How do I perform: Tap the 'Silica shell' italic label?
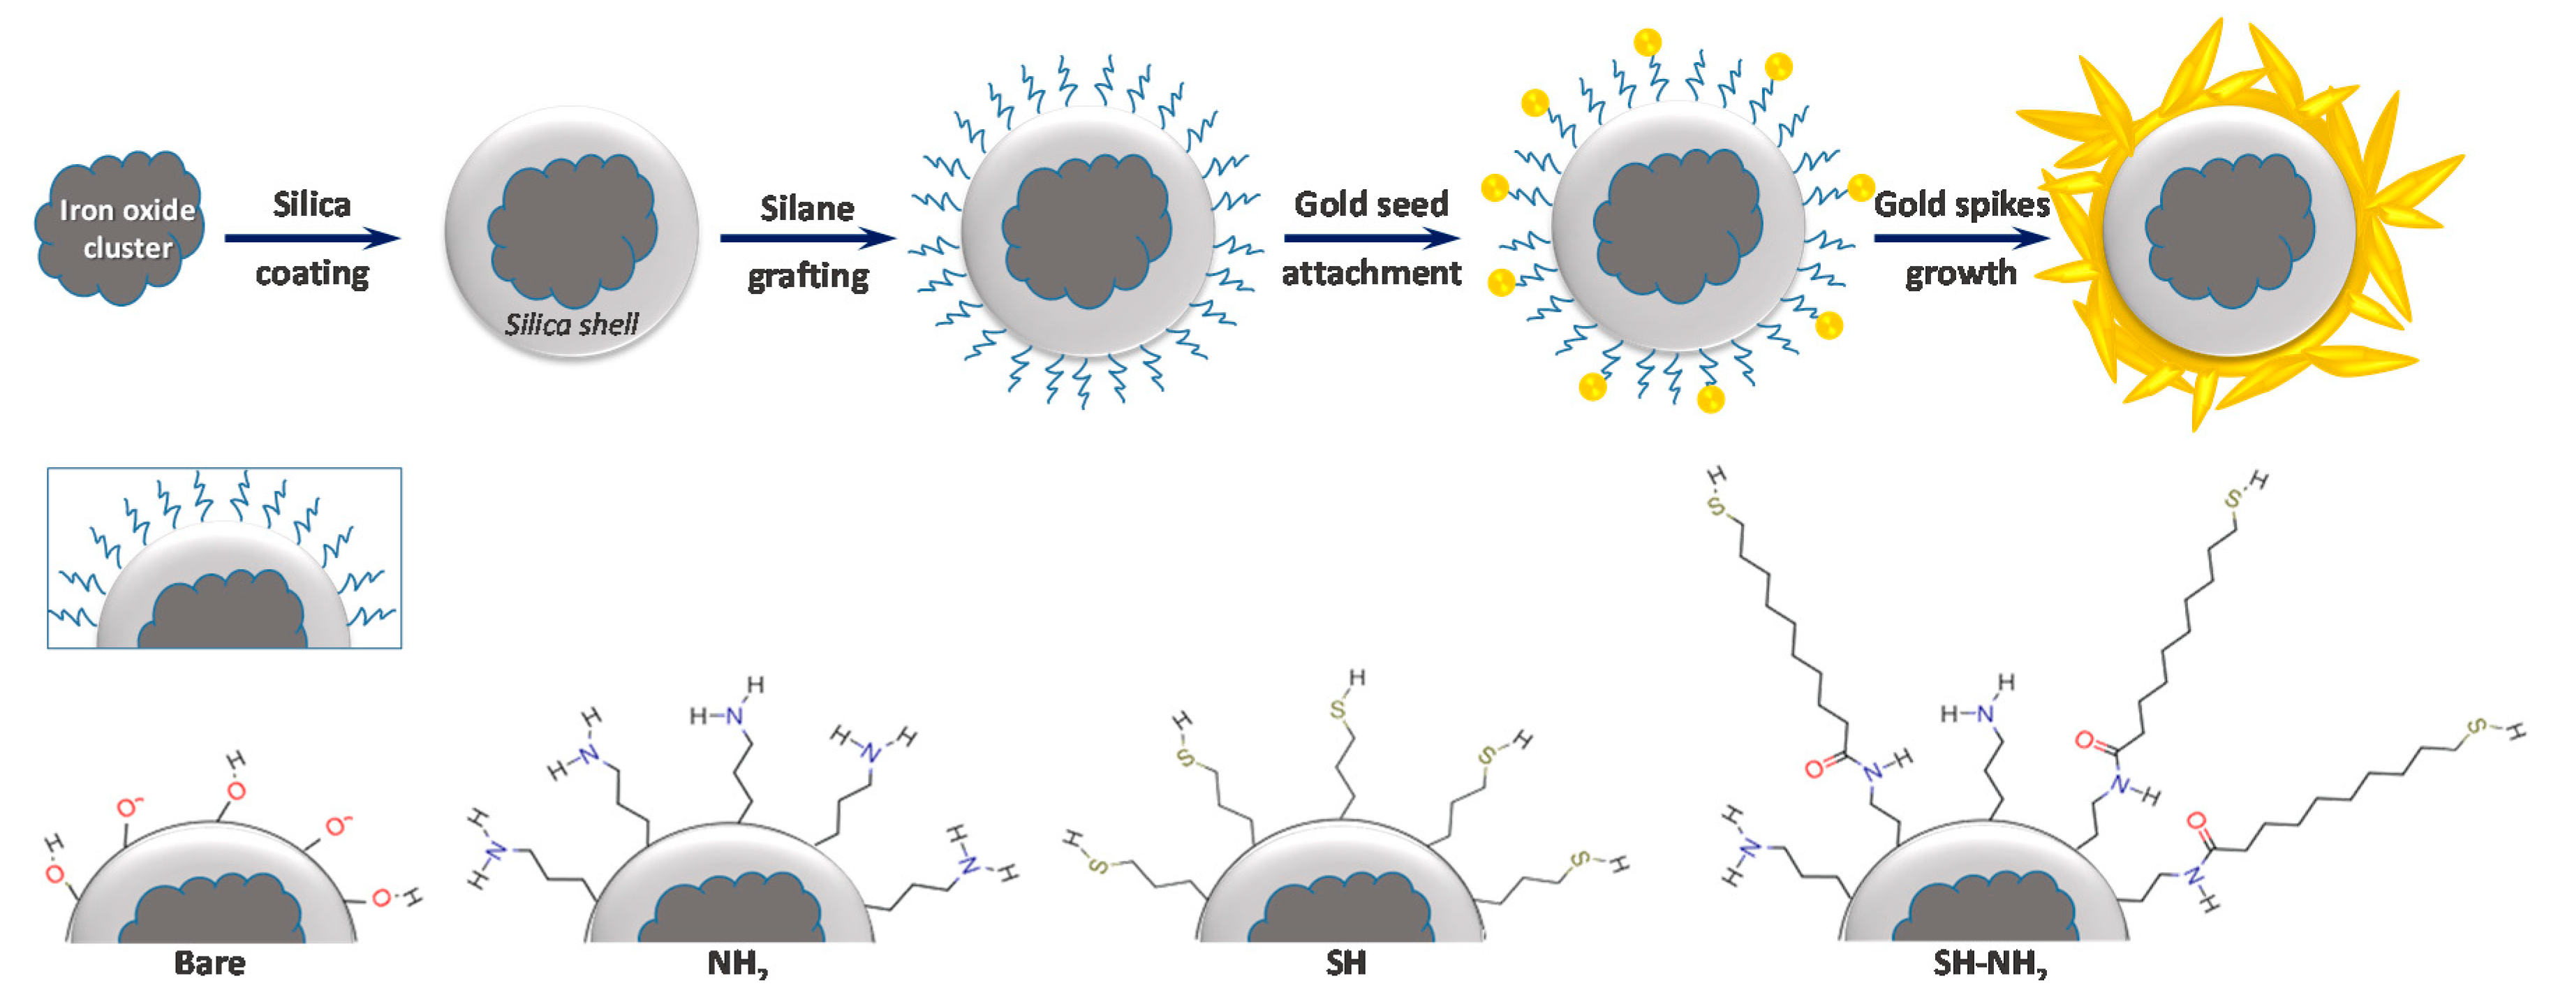click(571, 325)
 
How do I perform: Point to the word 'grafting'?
click(808, 275)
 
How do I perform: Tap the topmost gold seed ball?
click(1647, 42)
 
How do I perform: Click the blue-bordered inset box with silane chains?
click(224, 559)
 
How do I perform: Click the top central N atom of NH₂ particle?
click(734, 715)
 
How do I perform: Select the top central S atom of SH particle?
click(1338, 709)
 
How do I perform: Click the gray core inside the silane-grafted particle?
click(1086, 233)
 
